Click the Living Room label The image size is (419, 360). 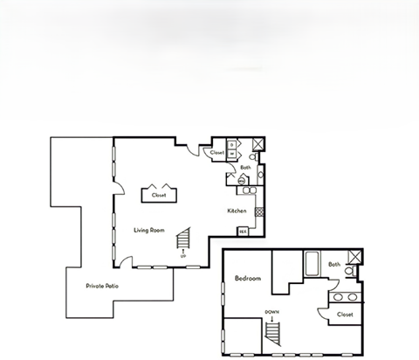149,230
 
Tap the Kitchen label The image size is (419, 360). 236,211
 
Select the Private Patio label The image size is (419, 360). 101,286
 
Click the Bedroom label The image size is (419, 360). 248,278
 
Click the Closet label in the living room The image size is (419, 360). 159,195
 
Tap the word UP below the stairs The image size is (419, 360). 182,256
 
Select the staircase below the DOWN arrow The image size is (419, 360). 273,334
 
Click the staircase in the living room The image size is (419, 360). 183,238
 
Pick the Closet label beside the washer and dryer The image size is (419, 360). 217,152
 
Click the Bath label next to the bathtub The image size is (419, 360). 334,264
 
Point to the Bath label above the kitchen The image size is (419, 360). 246,167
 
